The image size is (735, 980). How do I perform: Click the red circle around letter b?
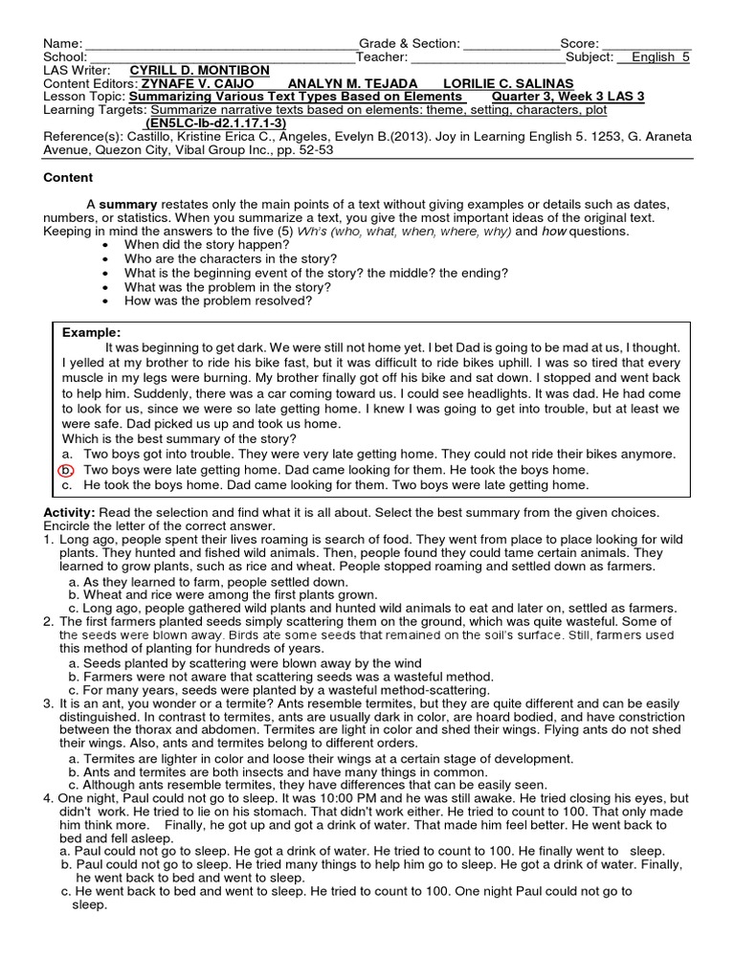(x=65, y=471)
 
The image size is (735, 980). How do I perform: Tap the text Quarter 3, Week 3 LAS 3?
(x=568, y=97)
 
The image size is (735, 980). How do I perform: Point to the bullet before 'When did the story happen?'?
(x=105, y=246)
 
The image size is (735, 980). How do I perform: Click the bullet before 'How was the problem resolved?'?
(x=105, y=300)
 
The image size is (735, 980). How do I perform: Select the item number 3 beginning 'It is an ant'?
(x=48, y=701)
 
